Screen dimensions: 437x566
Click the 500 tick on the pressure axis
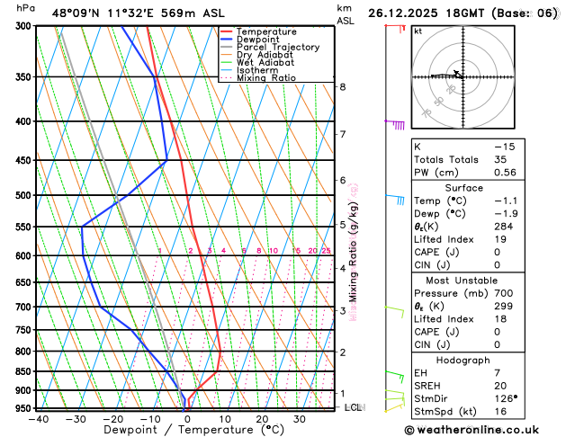click(25, 195)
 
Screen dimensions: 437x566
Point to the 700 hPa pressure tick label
click(25, 307)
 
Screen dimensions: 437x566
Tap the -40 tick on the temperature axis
click(38, 418)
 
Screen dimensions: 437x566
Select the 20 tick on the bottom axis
click(262, 418)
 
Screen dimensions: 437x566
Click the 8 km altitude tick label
click(342, 86)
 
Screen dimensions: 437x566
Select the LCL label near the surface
click(353, 407)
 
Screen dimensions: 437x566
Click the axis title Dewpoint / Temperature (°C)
click(185, 431)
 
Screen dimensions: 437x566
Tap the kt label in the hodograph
click(418, 31)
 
